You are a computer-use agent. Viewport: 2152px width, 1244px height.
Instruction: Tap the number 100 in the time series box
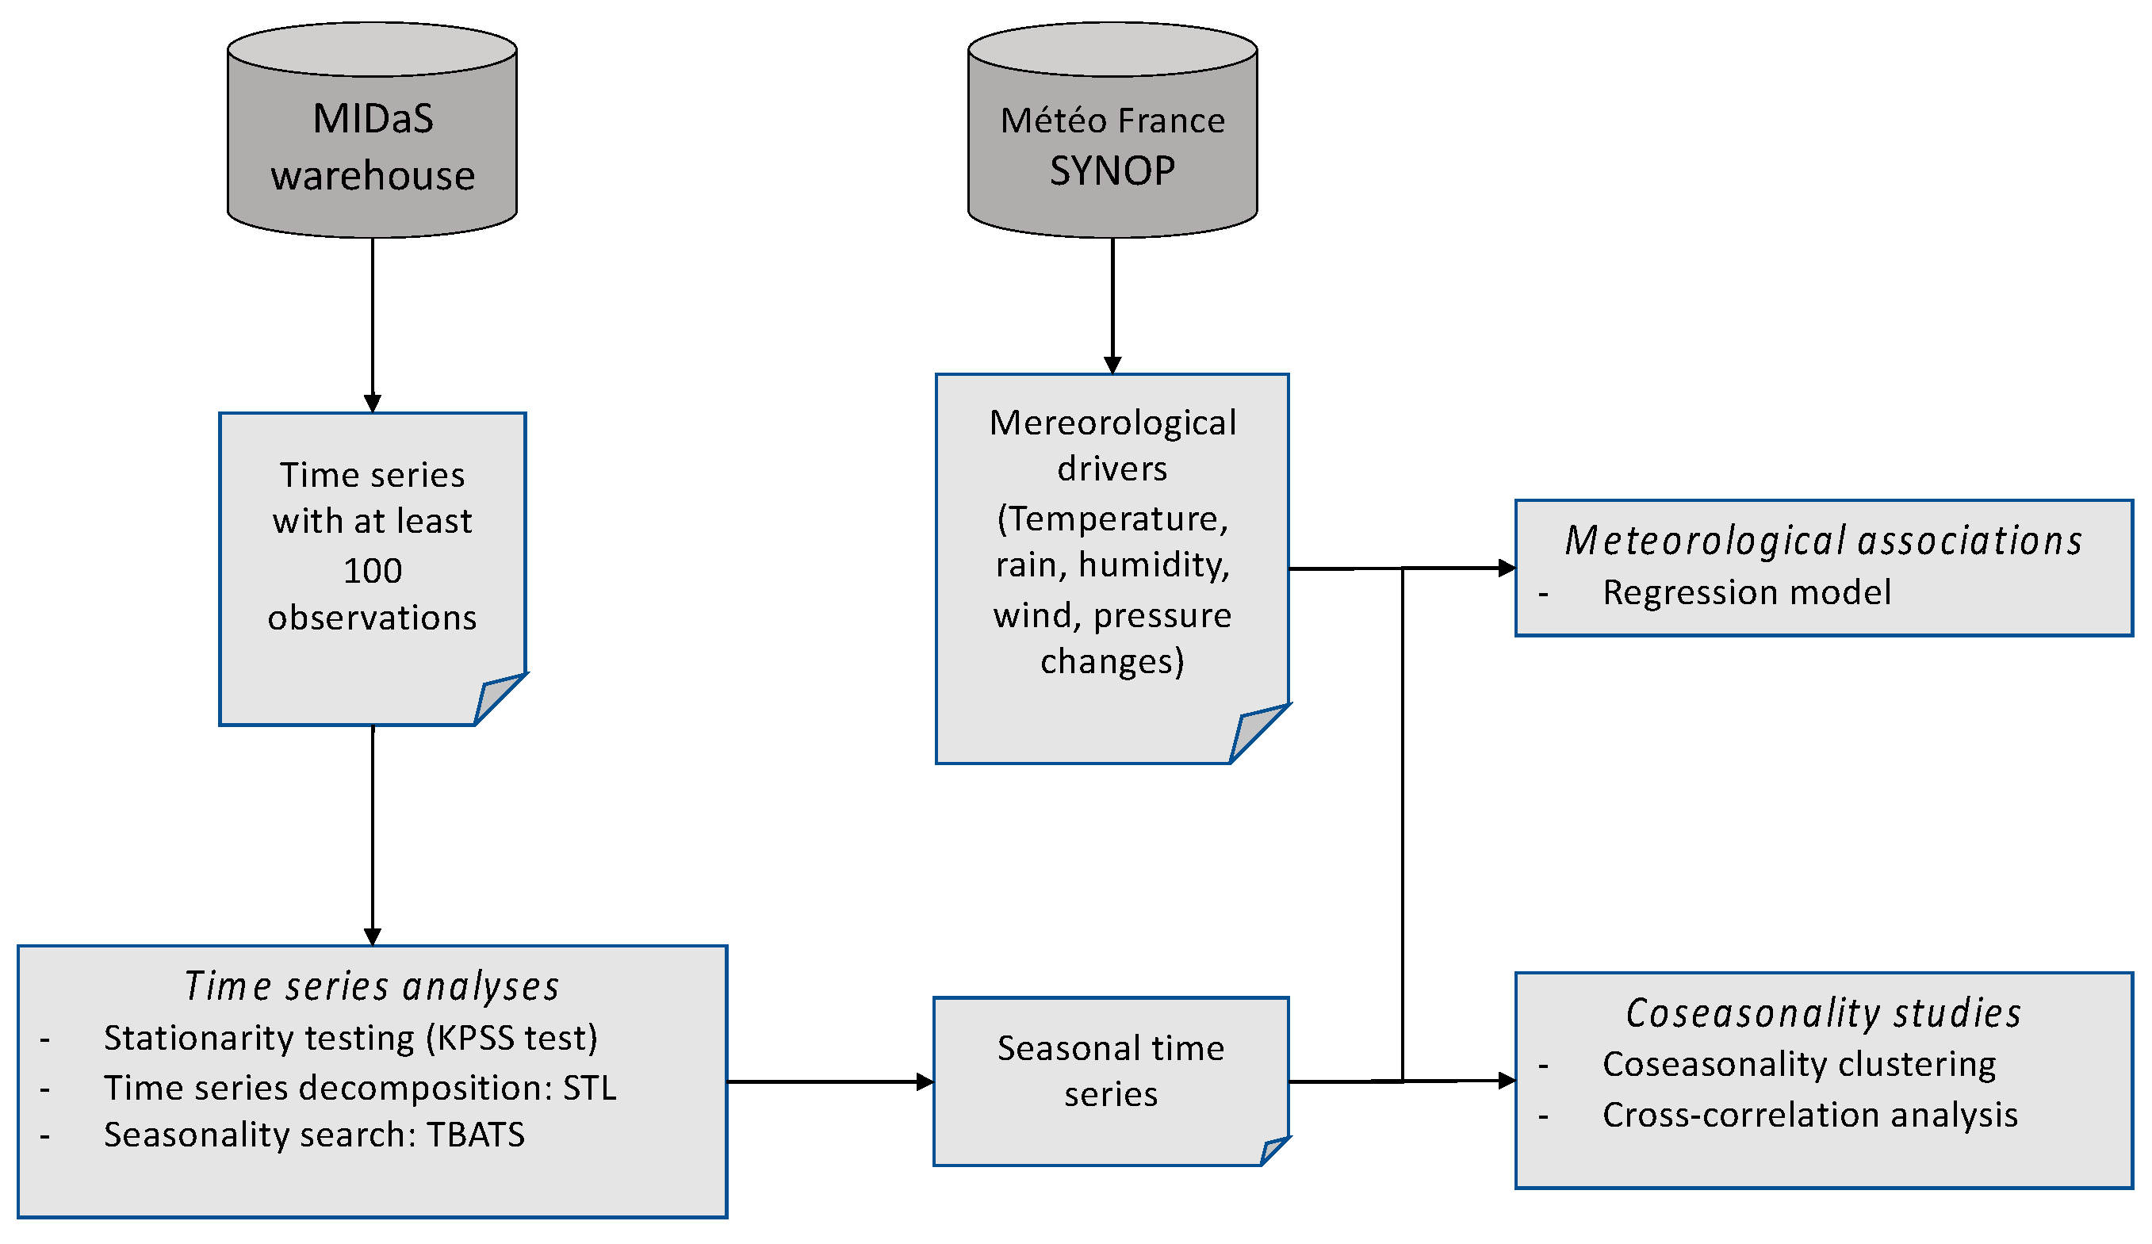[373, 570]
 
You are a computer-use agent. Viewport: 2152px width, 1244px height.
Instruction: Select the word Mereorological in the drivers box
[1112, 423]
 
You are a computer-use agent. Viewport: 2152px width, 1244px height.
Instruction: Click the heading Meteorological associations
[1823, 541]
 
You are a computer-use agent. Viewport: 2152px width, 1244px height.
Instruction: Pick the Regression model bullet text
[1746, 591]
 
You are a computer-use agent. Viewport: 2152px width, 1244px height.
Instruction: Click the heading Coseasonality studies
[1823, 1012]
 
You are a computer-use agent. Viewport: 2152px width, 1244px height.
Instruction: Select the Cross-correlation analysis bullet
[1809, 1114]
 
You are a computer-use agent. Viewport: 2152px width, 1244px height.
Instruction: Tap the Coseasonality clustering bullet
[1798, 1064]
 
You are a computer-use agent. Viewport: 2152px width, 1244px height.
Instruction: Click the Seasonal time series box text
[1110, 1070]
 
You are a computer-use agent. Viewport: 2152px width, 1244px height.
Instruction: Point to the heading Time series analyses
[373, 986]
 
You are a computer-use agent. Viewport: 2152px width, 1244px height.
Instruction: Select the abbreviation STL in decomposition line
[589, 1088]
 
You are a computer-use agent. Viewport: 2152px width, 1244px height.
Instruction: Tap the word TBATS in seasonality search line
[476, 1135]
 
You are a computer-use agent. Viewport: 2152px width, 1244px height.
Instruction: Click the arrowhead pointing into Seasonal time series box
[925, 1081]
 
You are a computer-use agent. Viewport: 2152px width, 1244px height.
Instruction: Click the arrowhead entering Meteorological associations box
[1507, 568]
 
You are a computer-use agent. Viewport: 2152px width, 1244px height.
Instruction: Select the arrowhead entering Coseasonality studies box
[1507, 1081]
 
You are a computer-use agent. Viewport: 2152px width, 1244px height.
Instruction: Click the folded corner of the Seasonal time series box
[1273, 1150]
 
